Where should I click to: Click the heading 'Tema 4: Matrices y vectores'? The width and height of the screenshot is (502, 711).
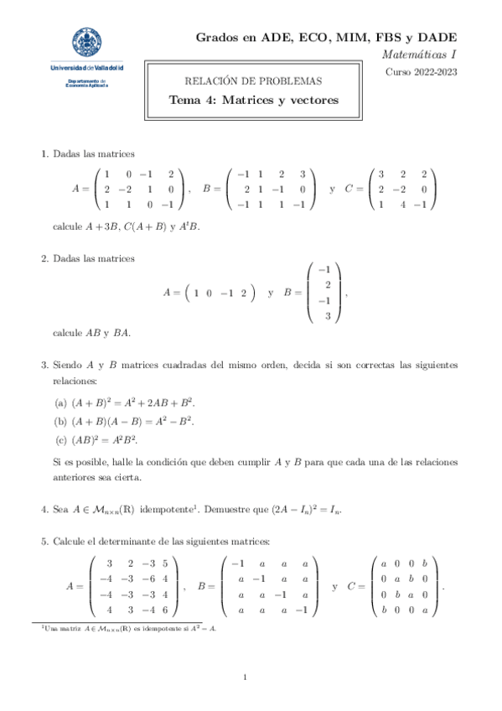click(253, 99)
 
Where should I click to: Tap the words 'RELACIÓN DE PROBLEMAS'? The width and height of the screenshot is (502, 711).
click(253, 81)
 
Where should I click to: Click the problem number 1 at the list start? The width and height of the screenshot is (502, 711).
click(44, 153)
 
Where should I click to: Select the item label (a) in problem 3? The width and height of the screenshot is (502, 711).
click(60, 402)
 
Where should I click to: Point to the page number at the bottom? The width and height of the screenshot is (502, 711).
click(244, 677)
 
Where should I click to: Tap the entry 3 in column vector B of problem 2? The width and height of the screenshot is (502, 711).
click(328, 316)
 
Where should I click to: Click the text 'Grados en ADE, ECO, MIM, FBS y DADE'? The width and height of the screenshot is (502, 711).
click(326, 37)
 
